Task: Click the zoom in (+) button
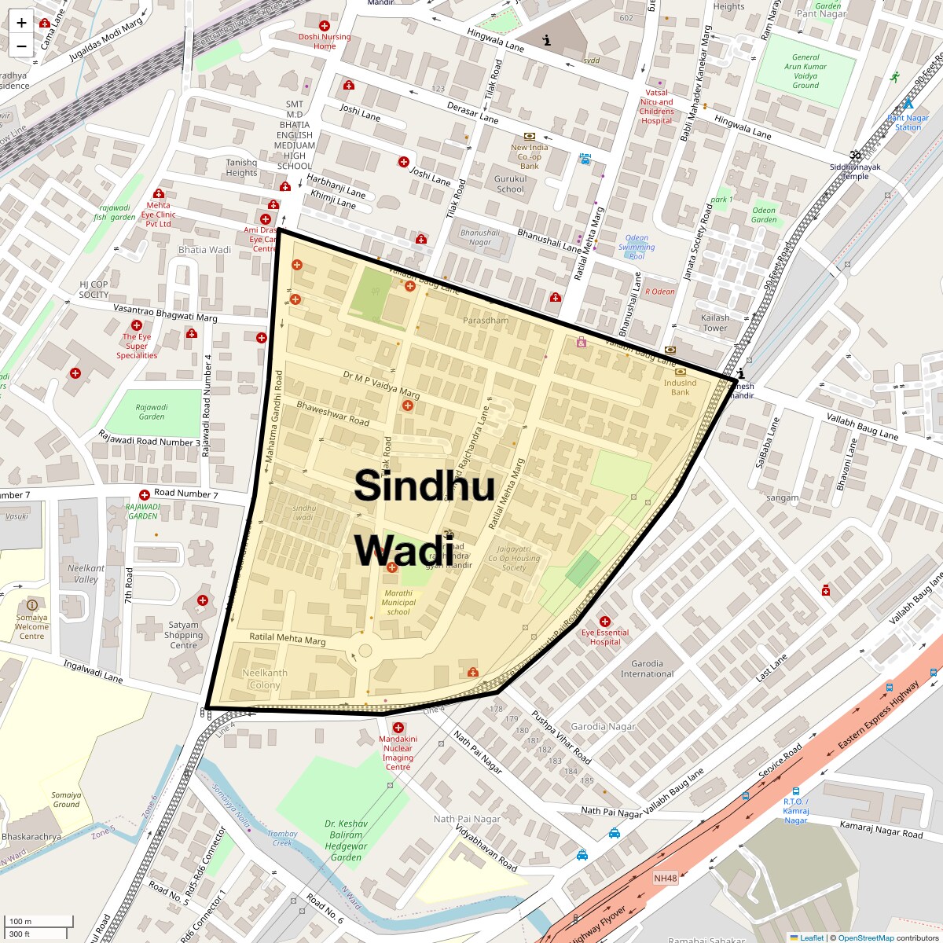point(21,23)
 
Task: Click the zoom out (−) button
point(21,46)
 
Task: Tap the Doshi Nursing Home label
point(325,41)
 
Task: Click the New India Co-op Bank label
point(529,156)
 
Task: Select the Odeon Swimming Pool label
point(637,247)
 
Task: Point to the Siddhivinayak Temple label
point(855,171)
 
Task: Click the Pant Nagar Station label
point(908,123)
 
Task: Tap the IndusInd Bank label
point(680,387)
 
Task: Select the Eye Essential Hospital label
point(605,637)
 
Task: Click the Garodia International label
point(648,669)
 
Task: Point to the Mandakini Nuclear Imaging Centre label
point(398,753)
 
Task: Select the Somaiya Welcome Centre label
point(31,626)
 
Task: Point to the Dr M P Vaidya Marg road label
point(381,384)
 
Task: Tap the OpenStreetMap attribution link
point(865,937)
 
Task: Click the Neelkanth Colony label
point(264,679)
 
